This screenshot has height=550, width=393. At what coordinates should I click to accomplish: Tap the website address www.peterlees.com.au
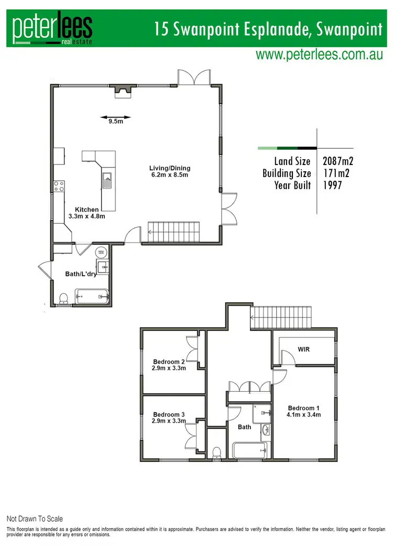click(x=319, y=55)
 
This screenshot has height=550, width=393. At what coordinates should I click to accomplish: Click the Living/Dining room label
click(x=169, y=171)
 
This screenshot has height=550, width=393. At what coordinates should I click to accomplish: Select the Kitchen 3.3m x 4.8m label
click(x=86, y=213)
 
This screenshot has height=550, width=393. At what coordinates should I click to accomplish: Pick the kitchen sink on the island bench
click(x=107, y=180)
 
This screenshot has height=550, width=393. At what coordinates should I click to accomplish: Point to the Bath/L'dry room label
click(x=81, y=273)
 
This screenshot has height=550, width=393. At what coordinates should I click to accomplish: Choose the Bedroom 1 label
click(x=304, y=411)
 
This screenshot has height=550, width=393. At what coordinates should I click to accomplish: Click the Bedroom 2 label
click(x=169, y=365)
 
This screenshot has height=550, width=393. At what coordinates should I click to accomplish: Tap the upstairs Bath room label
click(x=244, y=427)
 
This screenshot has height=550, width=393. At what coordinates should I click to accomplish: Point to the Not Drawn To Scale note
click(x=35, y=519)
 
